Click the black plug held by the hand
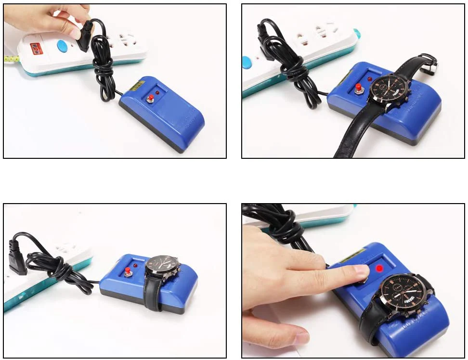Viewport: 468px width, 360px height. [85, 35]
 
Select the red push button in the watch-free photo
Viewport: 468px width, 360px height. [150, 99]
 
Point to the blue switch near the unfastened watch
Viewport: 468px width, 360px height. [247, 62]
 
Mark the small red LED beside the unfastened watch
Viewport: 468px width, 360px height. [369, 78]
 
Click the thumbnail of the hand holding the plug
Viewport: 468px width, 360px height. [76, 33]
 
